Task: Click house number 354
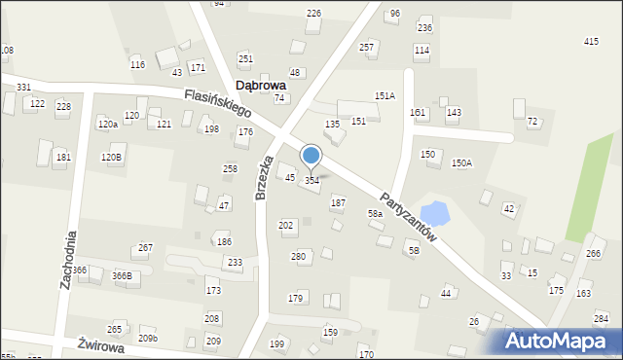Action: tap(312, 181)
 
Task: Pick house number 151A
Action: tap(385, 96)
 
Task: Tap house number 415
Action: tap(591, 41)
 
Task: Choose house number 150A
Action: tap(461, 163)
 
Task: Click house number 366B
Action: tap(122, 276)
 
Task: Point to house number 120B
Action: tap(112, 157)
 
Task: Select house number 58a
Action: tap(375, 213)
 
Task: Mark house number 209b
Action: tap(148, 338)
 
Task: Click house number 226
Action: tap(313, 13)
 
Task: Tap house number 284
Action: tap(602, 318)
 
